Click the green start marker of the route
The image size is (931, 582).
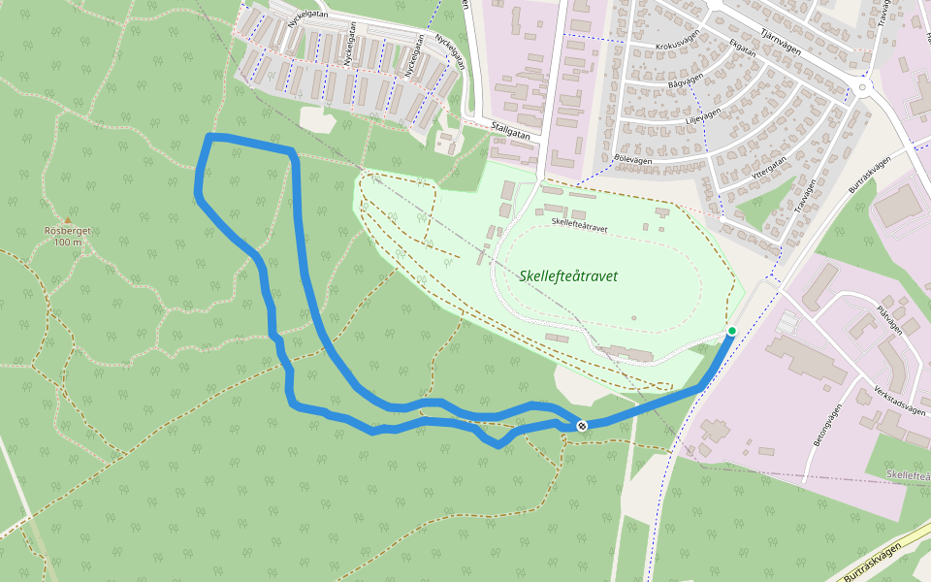(732, 332)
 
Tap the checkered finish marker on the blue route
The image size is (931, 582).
(582, 426)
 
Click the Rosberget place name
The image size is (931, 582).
(67, 231)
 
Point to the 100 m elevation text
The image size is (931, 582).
(68, 242)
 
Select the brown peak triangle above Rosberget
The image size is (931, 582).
(68, 219)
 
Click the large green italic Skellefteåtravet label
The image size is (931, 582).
(568, 276)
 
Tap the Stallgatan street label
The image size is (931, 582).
(511, 131)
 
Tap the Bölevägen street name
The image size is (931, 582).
(633, 157)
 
